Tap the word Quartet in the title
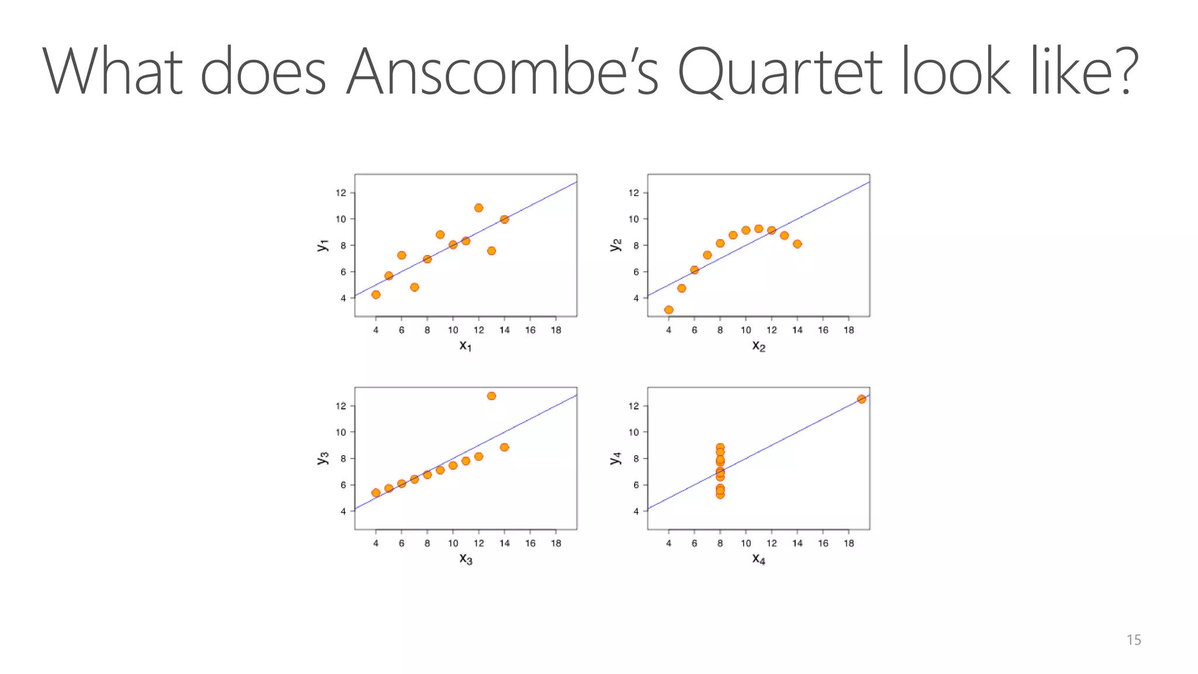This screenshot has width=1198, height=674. (x=779, y=71)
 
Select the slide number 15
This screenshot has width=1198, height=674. (x=1133, y=640)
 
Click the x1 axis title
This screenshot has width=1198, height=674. (x=465, y=346)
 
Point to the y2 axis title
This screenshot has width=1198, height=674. (x=615, y=245)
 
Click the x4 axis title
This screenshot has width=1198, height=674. (x=758, y=559)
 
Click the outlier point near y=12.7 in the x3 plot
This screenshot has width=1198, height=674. (x=491, y=396)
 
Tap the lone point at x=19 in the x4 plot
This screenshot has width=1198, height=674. (x=861, y=399)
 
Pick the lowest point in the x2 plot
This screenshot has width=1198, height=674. (x=669, y=310)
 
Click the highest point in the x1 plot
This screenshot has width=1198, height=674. (x=478, y=208)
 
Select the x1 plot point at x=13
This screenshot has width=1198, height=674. (x=491, y=251)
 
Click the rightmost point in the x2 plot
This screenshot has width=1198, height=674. (x=797, y=244)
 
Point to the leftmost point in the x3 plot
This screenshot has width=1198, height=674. (x=376, y=493)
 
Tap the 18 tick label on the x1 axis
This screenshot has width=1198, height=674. (x=556, y=330)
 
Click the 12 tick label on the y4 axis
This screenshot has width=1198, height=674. (x=634, y=406)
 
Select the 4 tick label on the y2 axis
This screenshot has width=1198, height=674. (x=636, y=298)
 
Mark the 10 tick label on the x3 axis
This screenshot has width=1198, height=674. (x=453, y=543)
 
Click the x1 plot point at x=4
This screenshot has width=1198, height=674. (x=376, y=294)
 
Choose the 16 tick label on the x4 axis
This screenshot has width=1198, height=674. (x=822, y=543)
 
